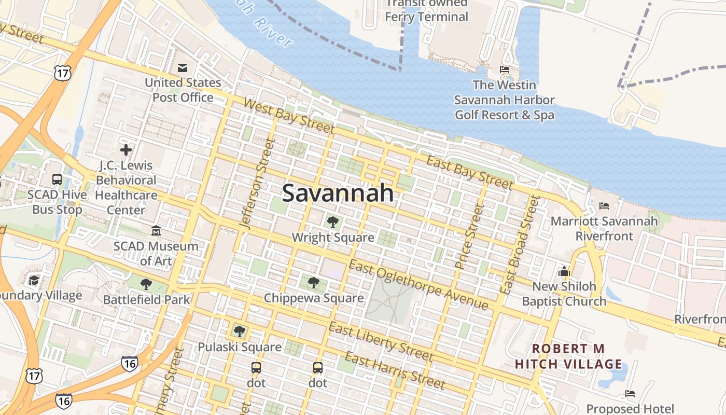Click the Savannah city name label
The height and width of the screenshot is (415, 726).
coord(338,193)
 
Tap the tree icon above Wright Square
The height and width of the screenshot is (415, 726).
coord(333,222)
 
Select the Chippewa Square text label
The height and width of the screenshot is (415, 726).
coord(314,298)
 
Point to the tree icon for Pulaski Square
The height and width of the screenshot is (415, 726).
coord(239,331)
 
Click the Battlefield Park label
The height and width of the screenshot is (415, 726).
coord(147,299)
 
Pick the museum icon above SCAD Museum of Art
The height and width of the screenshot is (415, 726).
coord(156,230)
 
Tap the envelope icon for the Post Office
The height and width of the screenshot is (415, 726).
coord(183,68)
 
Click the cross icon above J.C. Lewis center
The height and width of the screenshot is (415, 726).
coord(125,150)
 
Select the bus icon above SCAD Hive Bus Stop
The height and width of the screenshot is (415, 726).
coord(57,179)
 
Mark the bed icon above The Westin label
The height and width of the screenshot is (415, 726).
coord(504,70)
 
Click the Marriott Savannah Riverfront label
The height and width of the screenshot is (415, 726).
coord(604,228)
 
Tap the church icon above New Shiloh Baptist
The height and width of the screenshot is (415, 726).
coord(564,271)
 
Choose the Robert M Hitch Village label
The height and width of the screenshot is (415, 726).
coord(568,356)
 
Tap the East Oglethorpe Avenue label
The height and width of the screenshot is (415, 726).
coord(418,285)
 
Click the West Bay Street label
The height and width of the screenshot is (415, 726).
coord(288,116)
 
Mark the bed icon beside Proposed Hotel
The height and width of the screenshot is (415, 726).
coord(630,394)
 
